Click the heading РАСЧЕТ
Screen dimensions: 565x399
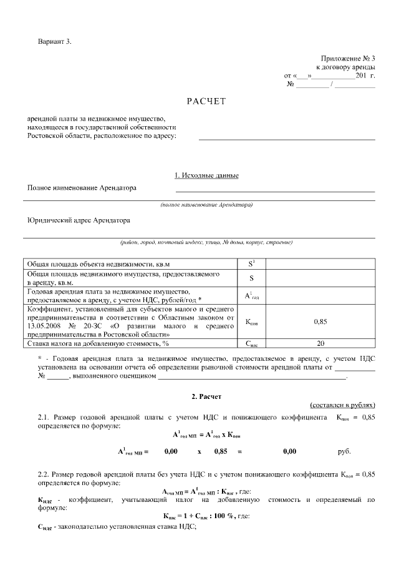click(206, 101)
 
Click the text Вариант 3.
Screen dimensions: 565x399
click(55, 41)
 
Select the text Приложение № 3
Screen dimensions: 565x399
click(348, 57)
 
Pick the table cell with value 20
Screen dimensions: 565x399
click(320, 343)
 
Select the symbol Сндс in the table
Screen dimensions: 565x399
click(251, 343)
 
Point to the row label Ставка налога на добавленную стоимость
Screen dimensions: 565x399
click(97, 343)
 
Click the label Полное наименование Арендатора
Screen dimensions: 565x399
click(82, 187)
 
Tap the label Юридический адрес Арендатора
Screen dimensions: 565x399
click(79, 220)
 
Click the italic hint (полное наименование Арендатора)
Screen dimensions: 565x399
click(206, 205)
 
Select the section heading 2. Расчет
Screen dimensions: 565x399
click(206, 396)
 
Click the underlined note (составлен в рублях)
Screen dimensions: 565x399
click(342, 405)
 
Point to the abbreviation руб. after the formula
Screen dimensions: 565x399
click(344, 450)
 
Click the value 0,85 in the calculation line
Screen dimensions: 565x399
click(220, 450)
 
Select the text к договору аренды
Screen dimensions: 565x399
click(345, 66)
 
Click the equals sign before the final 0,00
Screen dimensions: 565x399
click(239, 450)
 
